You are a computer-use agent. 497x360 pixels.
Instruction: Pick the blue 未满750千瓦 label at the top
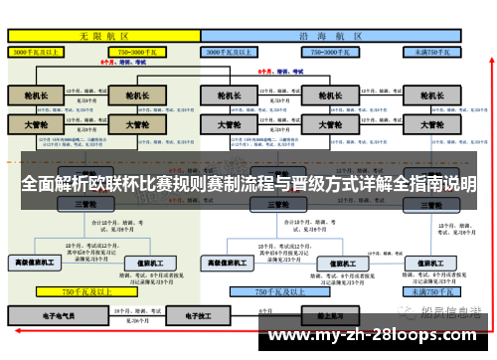[x=433, y=51]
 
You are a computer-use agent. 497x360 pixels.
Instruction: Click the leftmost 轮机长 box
[x=35, y=97]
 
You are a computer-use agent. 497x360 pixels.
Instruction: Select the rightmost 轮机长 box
[x=432, y=97]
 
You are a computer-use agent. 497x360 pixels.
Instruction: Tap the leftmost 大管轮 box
[x=35, y=125]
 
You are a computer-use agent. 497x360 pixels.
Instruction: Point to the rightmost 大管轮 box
[x=432, y=125]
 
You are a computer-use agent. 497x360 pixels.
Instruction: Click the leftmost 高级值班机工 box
[x=35, y=263]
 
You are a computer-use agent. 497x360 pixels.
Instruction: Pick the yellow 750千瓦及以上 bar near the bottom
[x=83, y=292]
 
